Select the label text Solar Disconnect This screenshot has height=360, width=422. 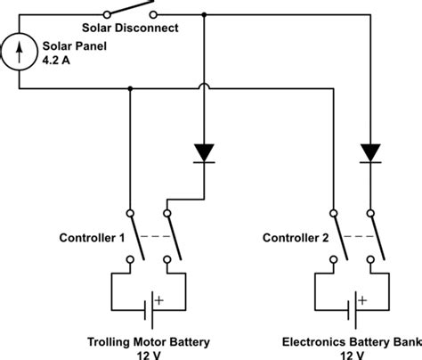(137, 29)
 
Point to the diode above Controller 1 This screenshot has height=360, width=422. (205, 152)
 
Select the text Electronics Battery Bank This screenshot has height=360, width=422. (350, 340)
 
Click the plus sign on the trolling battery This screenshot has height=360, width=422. (160, 300)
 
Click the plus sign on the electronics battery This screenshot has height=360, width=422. (363, 300)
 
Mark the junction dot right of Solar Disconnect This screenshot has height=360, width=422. (205, 14)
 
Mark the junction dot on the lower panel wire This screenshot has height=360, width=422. (131, 87)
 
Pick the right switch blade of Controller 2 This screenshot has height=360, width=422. (373, 236)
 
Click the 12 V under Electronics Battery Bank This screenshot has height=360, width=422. (350, 353)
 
